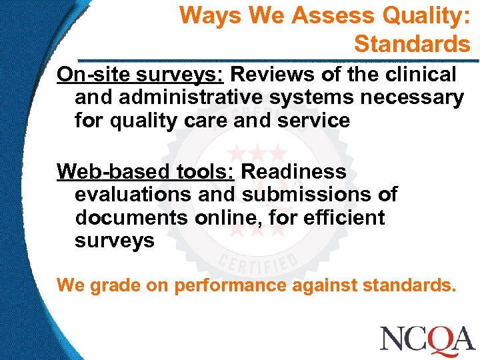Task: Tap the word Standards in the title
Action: pos(412,44)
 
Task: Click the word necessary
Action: pos(411,97)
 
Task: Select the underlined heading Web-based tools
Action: pos(145,172)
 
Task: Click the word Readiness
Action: pos(294,172)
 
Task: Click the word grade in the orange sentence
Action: pos(108,287)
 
